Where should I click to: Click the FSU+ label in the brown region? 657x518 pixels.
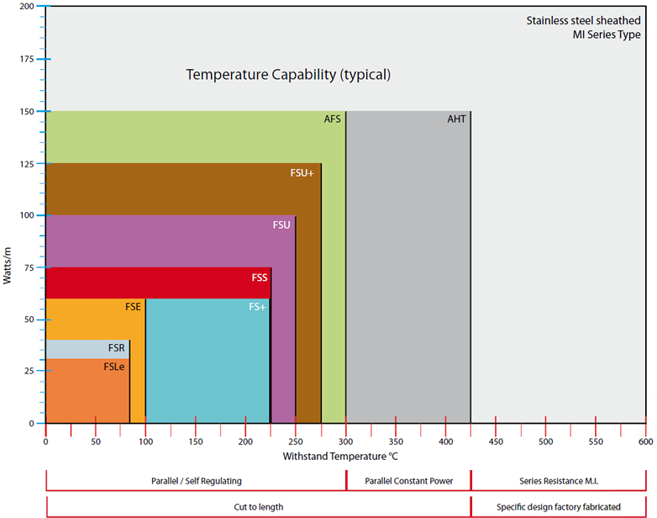click(x=302, y=173)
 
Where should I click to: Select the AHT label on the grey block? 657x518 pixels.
click(x=456, y=119)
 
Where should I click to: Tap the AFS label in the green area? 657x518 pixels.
click(x=332, y=119)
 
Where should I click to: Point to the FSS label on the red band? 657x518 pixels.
click(x=260, y=277)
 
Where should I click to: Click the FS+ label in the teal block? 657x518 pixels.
click(x=257, y=307)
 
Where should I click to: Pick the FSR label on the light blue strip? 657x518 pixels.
click(x=117, y=348)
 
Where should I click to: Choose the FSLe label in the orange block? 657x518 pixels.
click(x=114, y=367)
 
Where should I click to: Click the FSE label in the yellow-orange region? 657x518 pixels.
click(x=133, y=307)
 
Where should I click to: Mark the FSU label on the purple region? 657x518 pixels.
click(x=281, y=225)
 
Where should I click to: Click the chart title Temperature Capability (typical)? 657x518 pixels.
click(x=288, y=75)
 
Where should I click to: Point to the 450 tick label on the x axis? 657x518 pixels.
click(x=496, y=441)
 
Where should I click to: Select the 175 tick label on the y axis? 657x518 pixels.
click(x=27, y=59)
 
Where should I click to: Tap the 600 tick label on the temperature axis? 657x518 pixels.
click(x=646, y=441)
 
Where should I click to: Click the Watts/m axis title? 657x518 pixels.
click(x=7, y=266)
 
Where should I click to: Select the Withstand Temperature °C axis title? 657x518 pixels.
click(x=340, y=457)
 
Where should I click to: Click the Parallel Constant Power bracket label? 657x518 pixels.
click(x=409, y=481)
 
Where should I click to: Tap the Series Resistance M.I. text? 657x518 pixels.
click(x=559, y=481)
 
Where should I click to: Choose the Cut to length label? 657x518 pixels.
click(x=259, y=507)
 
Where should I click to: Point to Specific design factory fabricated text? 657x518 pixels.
click(x=559, y=507)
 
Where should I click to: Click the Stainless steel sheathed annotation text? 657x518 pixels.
click(x=583, y=20)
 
